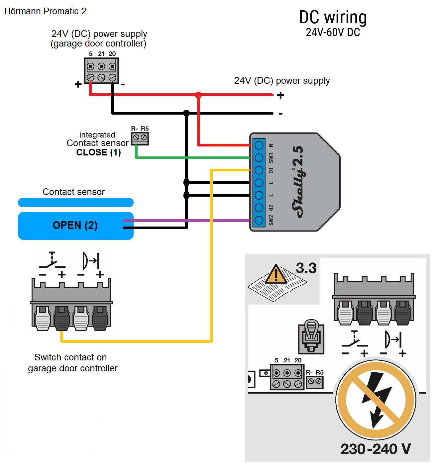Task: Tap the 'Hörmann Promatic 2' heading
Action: click(x=45, y=11)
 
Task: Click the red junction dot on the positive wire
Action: click(x=198, y=95)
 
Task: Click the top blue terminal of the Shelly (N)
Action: click(x=259, y=145)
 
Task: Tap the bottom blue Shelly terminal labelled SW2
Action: click(x=259, y=220)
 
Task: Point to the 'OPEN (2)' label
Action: click(x=75, y=225)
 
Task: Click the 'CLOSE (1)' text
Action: click(x=98, y=152)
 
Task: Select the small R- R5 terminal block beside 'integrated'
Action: click(x=140, y=138)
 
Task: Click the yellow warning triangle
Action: click(x=276, y=274)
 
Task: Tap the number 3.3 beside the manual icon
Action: click(x=306, y=268)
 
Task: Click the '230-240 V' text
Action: click(x=376, y=449)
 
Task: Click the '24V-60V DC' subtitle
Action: click(x=333, y=33)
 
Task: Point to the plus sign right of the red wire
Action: click(x=280, y=95)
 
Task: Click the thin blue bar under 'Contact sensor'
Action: click(x=76, y=203)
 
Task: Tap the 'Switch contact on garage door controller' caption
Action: click(x=73, y=363)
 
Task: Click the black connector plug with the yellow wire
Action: click(x=62, y=318)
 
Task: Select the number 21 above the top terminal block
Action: click(x=101, y=54)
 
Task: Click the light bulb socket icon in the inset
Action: click(x=311, y=336)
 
